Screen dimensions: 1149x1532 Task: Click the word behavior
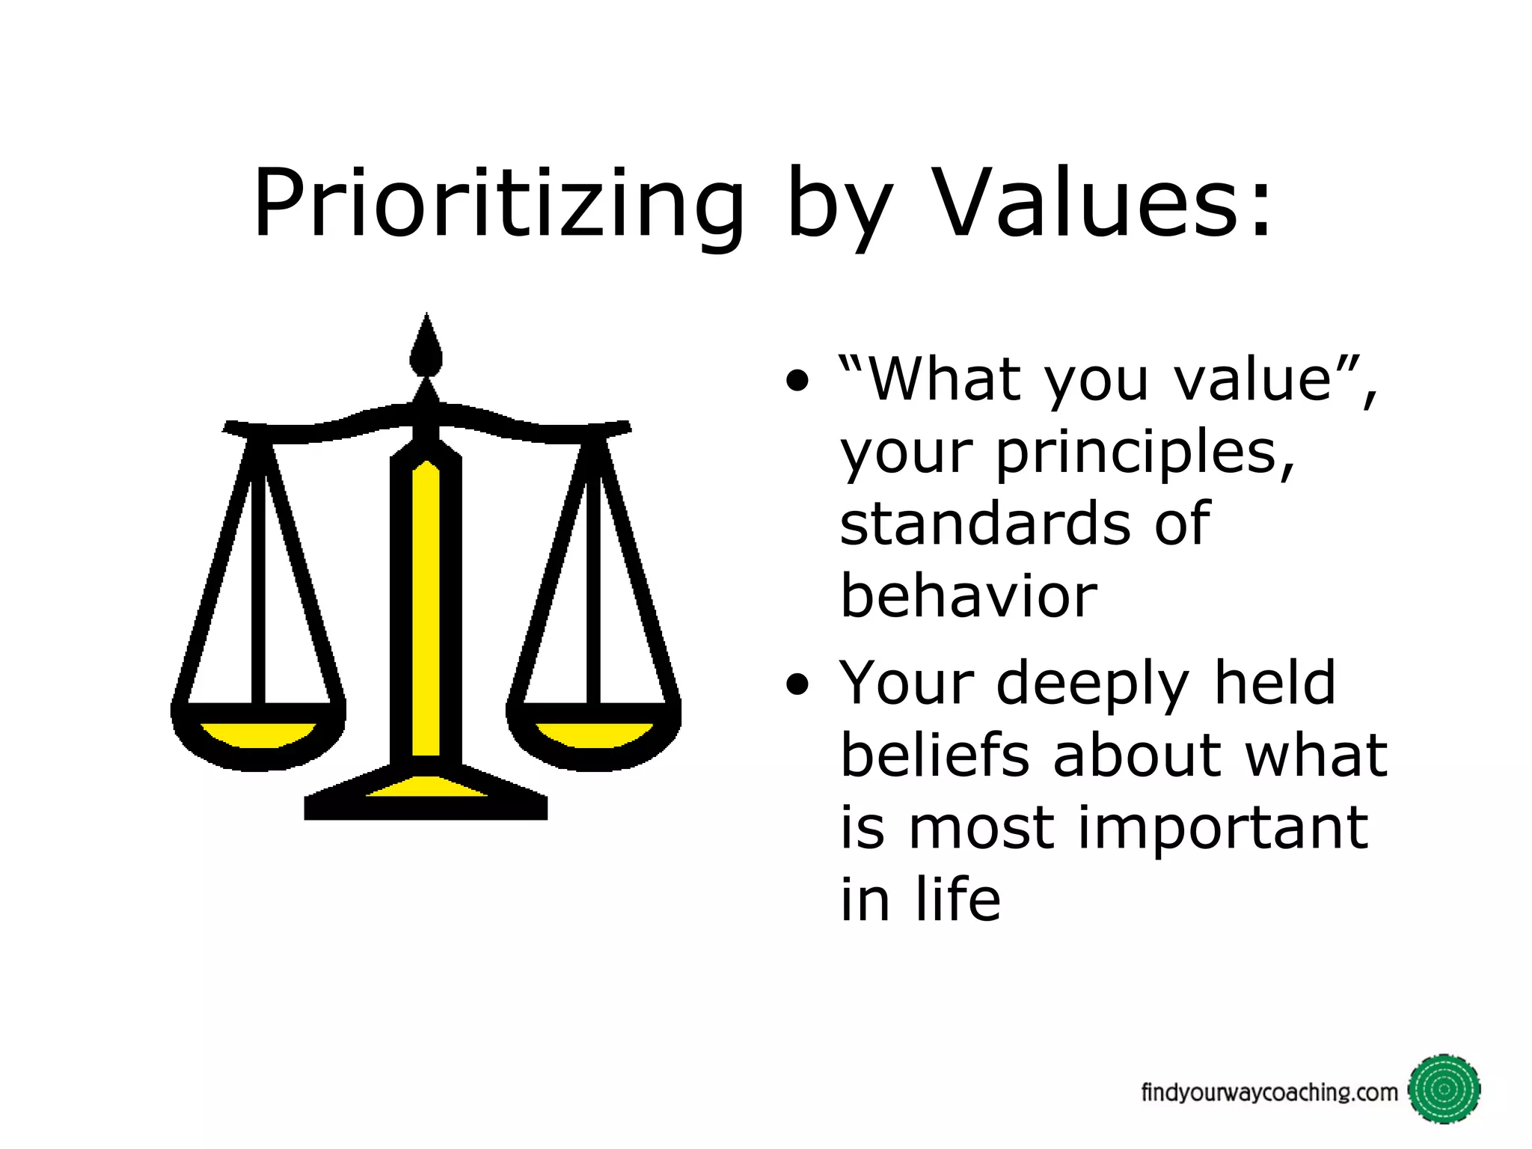(968, 596)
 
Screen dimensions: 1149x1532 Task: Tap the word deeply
(1092, 684)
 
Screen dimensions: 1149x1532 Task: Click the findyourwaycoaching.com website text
(1269, 1093)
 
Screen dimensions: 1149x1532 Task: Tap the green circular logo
(1444, 1090)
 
